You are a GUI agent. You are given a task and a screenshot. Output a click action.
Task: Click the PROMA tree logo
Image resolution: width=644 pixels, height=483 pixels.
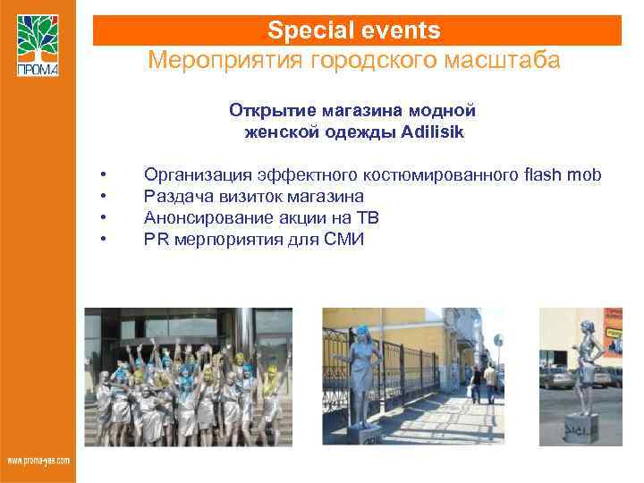[x=38, y=45]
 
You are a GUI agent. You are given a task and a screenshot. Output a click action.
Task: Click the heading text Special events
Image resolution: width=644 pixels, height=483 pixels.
[x=354, y=30]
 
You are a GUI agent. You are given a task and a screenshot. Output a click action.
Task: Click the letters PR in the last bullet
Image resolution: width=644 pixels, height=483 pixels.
[x=156, y=239]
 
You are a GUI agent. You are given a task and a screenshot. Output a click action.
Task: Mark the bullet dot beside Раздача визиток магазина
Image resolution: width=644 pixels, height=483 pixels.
[x=105, y=195]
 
